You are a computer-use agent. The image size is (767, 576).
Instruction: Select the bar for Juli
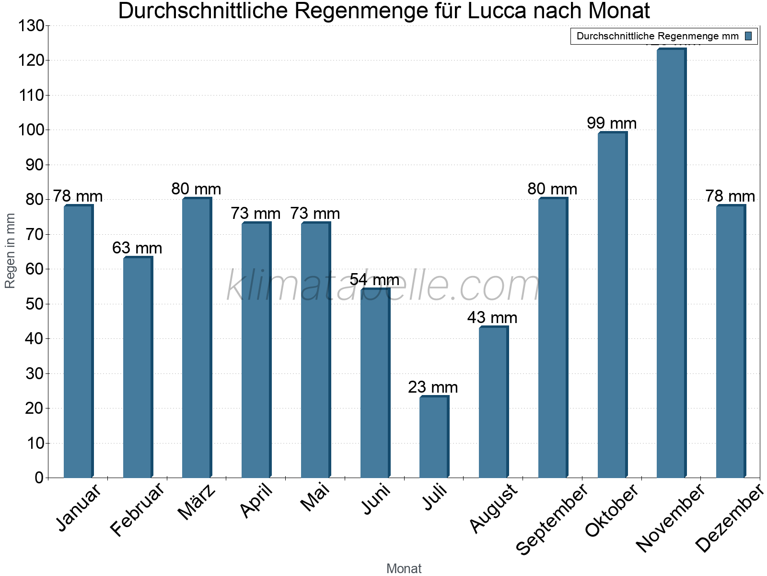433,437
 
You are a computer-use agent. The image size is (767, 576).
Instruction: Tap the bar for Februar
137,368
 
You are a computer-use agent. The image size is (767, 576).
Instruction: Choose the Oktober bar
612,305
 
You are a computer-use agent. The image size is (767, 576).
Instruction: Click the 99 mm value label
612,123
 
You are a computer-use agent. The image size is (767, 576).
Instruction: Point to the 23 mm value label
433,387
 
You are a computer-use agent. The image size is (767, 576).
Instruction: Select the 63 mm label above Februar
137,248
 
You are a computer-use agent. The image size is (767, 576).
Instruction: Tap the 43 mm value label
492,318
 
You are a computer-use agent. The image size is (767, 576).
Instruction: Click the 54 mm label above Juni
374,279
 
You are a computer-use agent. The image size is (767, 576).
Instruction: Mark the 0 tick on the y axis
39,478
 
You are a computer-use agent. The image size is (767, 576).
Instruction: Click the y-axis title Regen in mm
10,251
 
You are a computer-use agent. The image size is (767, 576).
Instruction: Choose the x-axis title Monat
404,569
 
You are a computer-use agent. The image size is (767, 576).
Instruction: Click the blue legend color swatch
748,36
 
